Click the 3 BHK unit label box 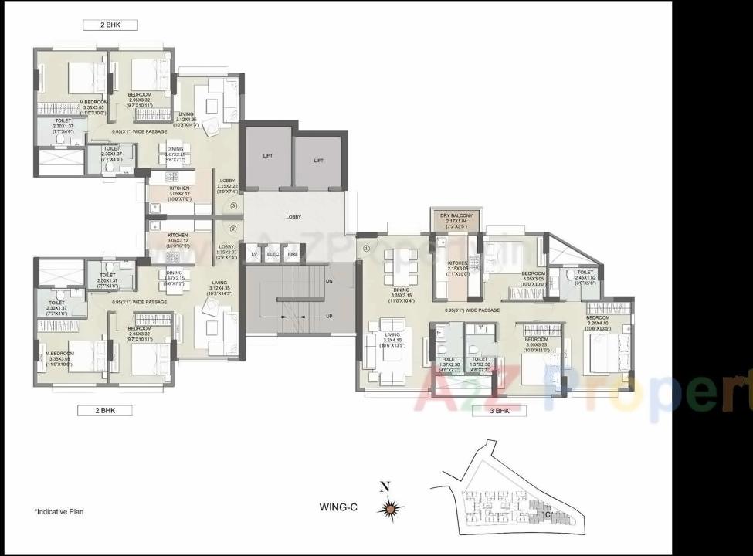point(499,411)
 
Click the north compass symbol point(392,507)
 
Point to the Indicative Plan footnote point(59,511)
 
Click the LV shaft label point(254,254)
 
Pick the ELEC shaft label point(273,254)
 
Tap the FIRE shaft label point(293,254)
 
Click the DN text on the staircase point(329,281)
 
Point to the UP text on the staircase point(330,317)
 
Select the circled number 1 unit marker point(367,249)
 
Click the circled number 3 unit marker point(233,206)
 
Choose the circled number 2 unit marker point(233,229)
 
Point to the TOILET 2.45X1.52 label point(585,276)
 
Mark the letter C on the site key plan point(547,514)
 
